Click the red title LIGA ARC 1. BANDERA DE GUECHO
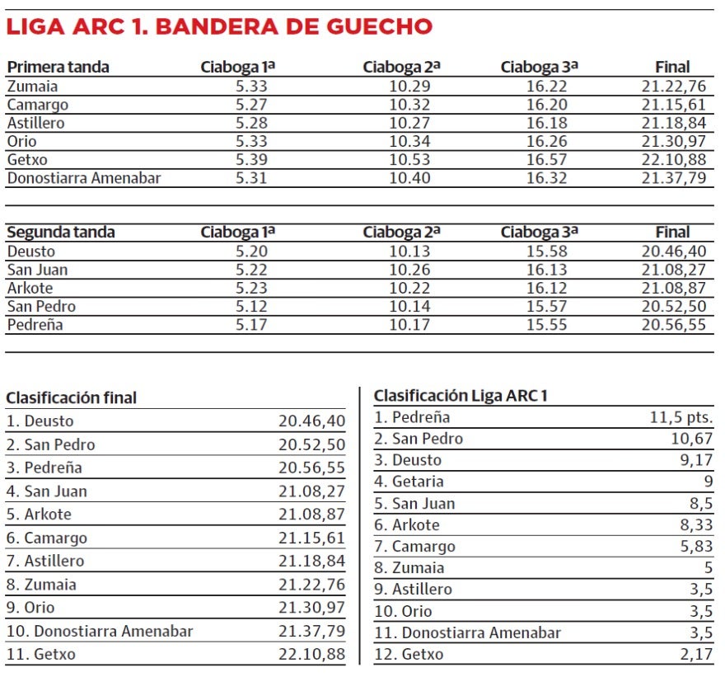219,26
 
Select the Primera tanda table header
58,68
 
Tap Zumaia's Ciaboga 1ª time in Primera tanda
252,87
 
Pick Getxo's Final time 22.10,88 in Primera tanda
674,159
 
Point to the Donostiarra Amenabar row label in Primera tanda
84,177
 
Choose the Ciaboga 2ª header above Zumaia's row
402,68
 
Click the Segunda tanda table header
61,233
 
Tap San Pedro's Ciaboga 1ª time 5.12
252,306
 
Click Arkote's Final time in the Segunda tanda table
674,288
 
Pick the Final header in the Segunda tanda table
672,233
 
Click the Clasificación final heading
72,397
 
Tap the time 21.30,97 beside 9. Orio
311,609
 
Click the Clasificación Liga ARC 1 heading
461,396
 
